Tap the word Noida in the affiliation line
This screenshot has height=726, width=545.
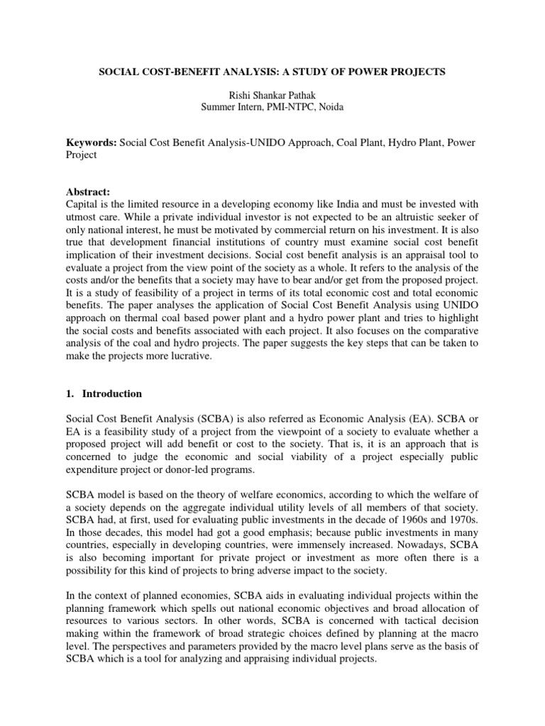coord(327,106)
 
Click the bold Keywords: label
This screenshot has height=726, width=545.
coord(91,143)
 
